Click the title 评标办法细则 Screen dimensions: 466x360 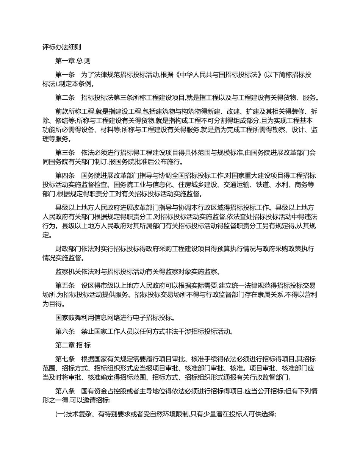(61, 47)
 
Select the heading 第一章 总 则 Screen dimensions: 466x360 (73, 61)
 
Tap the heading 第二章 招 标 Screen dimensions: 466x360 (73, 345)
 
